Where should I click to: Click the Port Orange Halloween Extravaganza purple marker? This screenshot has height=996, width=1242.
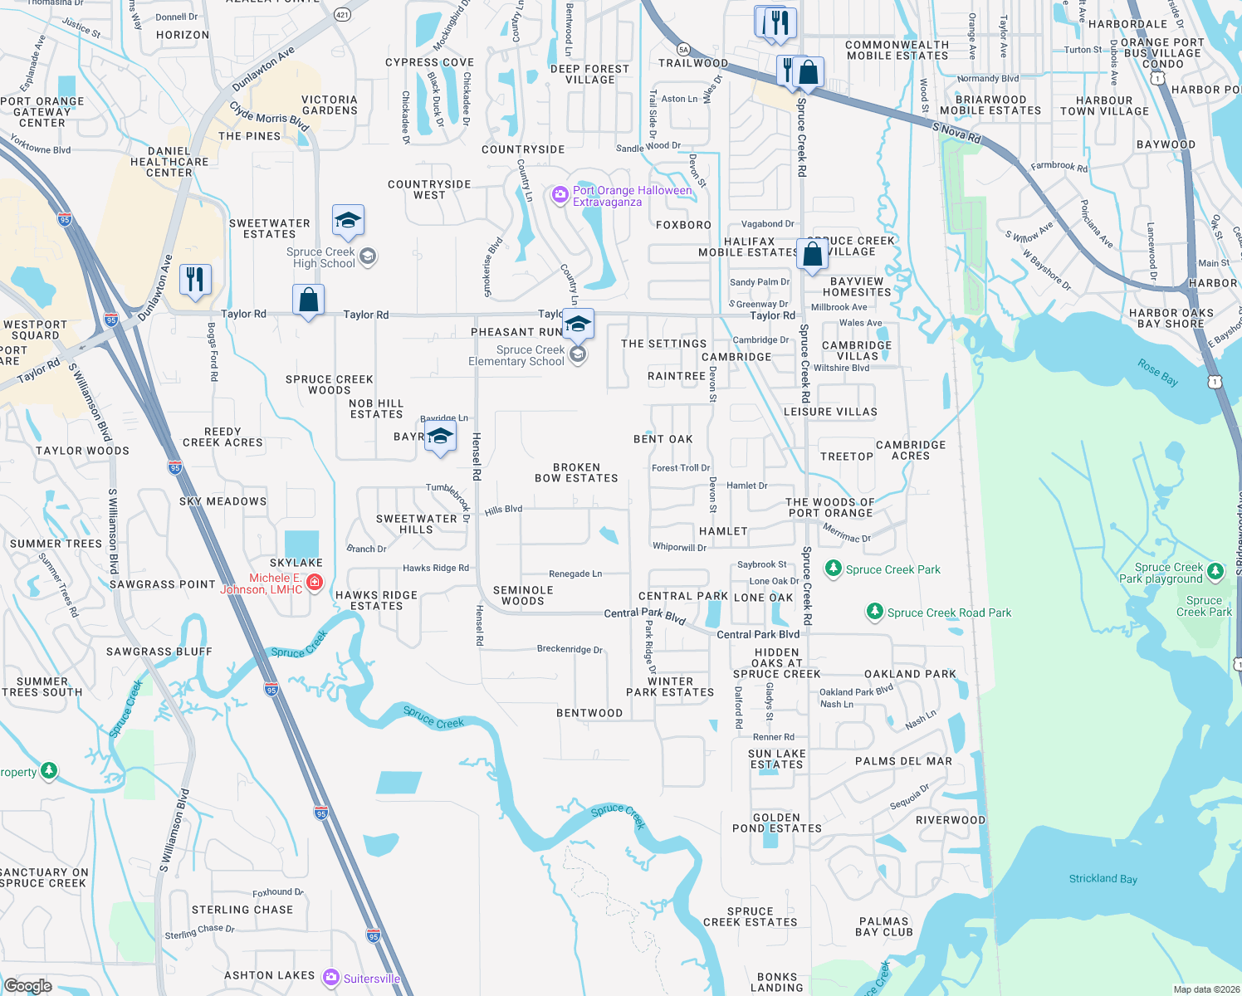[560, 196]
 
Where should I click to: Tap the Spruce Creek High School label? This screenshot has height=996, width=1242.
[320, 258]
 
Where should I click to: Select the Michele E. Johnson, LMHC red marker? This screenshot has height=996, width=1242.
[315, 583]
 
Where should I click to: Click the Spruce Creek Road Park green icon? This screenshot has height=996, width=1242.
[874, 613]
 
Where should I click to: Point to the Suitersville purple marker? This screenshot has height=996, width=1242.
[331, 978]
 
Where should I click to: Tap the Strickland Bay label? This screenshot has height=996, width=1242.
[1103, 879]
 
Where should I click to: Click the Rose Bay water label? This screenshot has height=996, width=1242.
[1157, 373]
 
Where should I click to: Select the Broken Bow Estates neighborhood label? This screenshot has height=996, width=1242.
[576, 473]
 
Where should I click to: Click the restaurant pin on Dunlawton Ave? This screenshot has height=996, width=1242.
[195, 280]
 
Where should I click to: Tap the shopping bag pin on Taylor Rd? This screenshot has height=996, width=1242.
[308, 300]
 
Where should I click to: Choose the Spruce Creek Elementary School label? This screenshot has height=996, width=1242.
[516, 356]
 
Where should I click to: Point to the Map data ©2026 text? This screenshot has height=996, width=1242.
[1206, 989]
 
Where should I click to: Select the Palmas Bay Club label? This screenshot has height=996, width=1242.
[885, 927]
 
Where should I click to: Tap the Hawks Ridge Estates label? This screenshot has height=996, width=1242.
[376, 601]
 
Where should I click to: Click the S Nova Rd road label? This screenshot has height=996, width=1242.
[956, 133]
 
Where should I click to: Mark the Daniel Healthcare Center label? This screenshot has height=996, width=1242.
[169, 163]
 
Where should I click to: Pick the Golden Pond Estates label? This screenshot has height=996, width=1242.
[776, 823]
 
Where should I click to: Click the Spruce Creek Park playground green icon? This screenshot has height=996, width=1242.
[1215, 571]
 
